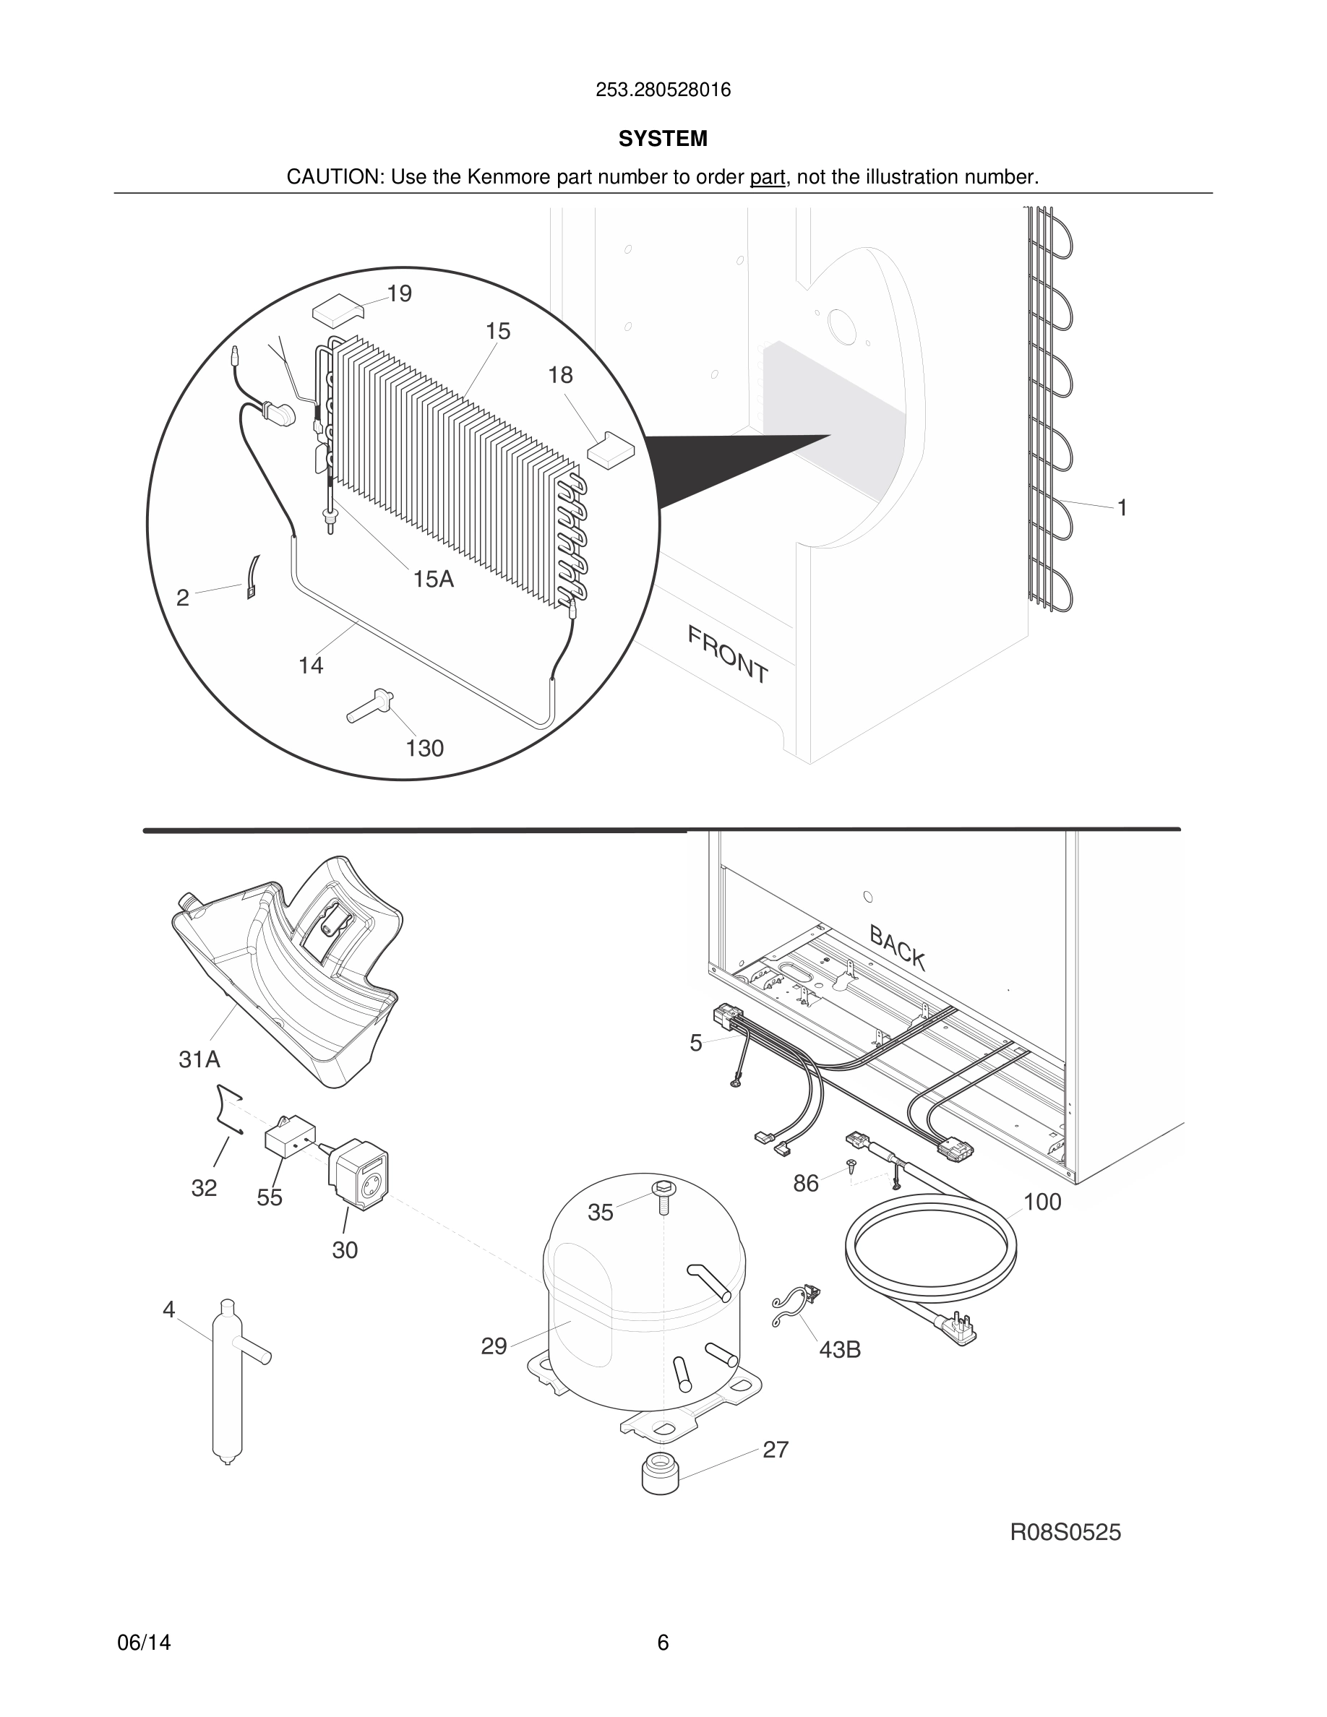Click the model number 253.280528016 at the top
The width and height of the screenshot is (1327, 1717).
(x=663, y=90)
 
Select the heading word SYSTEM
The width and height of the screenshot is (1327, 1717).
(x=663, y=139)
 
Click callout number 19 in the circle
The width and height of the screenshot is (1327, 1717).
(x=400, y=294)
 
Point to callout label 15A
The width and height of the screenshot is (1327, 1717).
(x=433, y=580)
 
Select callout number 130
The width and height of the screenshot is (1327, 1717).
(x=424, y=749)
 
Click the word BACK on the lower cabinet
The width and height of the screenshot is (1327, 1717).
(x=897, y=947)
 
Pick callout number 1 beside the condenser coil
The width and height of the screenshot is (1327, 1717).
(x=1122, y=509)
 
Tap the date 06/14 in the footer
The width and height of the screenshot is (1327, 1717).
(x=144, y=1643)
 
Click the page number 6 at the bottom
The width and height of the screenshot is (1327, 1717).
(x=663, y=1643)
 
